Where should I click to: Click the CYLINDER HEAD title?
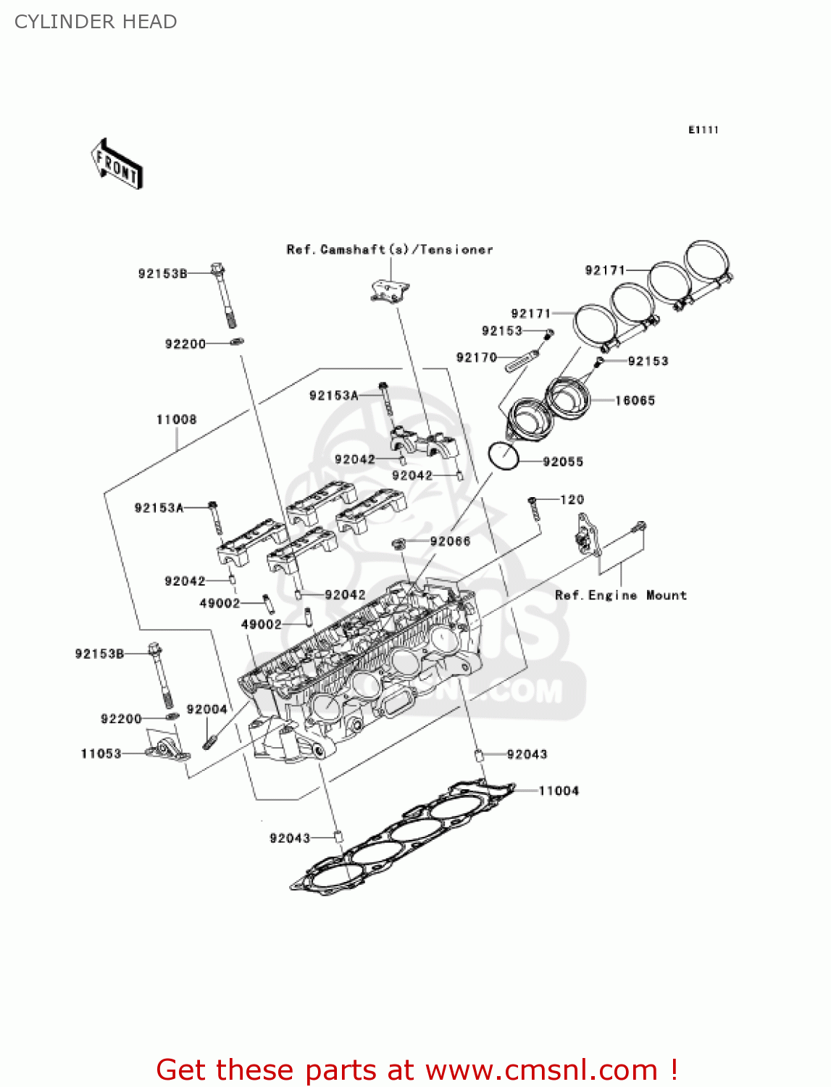pyautogui.click(x=96, y=22)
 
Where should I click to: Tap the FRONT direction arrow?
pyautogui.click(x=117, y=164)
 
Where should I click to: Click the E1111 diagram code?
pyautogui.click(x=703, y=130)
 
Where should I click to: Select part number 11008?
pyautogui.click(x=176, y=420)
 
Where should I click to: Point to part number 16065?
pyautogui.click(x=635, y=400)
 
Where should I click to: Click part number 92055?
pyautogui.click(x=563, y=462)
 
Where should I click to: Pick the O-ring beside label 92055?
pyautogui.click(x=504, y=456)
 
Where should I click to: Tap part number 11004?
pyautogui.click(x=559, y=791)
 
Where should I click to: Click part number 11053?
pyautogui.click(x=101, y=754)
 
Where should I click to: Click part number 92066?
pyautogui.click(x=450, y=541)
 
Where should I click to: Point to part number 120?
pyautogui.click(x=572, y=499)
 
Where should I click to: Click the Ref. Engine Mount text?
pyautogui.click(x=620, y=595)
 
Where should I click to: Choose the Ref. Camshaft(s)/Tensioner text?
pyautogui.click(x=390, y=249)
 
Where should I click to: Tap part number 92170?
pyautogui.click(x=476, y=357)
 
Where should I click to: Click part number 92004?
pyautogui.click(x=206, y=709)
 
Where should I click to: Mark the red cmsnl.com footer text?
pyautogui.click(x=417, y=1070)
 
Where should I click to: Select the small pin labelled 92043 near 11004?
pyautogui.click(x=479, y=756)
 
